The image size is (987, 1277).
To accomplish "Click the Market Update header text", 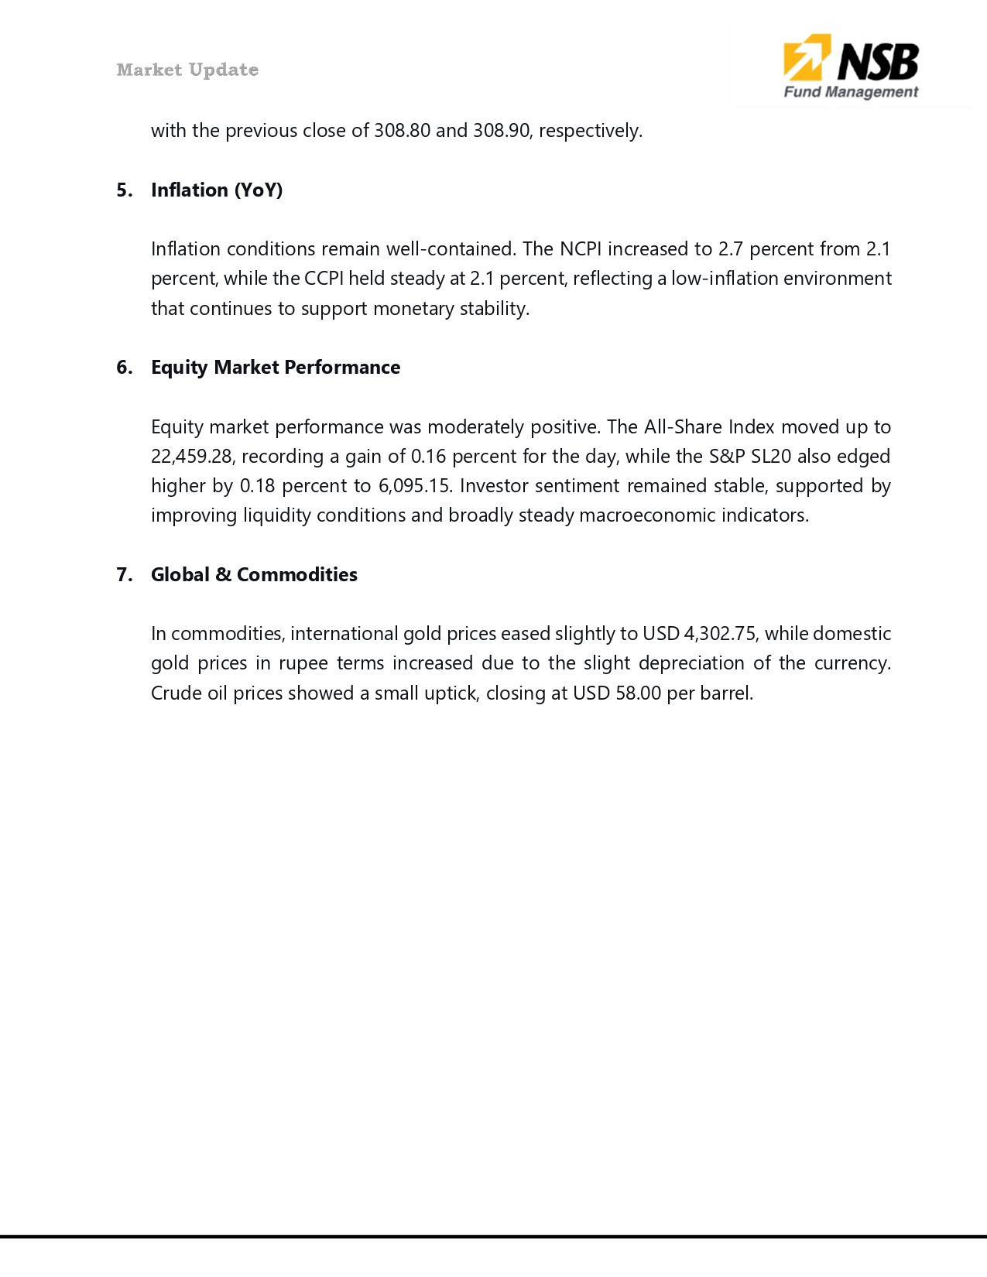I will (x=187, y=70).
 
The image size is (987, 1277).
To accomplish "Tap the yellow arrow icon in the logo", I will (x=806, y=57).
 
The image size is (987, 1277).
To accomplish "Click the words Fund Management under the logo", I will (x=850, y=92).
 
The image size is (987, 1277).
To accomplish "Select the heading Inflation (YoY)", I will (x=217, y=190).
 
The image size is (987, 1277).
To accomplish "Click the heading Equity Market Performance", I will (x=276, y=367).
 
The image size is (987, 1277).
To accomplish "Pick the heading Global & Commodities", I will (x=254, y=574).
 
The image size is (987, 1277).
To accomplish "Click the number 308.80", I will (x=402, y=130).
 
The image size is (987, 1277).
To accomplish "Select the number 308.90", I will (x=501, y=130).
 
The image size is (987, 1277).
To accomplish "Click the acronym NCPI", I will (x=581, y=248).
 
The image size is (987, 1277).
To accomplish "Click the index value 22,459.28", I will (x=190, y=456).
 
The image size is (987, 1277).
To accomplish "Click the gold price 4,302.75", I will (x=719, y=633).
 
